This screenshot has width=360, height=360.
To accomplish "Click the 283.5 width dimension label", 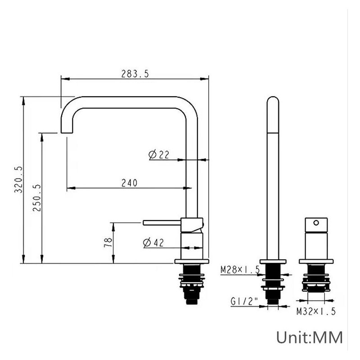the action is click(135, 74).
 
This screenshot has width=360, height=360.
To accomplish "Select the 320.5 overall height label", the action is click(18, 180).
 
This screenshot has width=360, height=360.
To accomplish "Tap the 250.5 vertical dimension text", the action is click(37, 198).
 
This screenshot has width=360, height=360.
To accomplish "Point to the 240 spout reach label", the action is click(129, 183).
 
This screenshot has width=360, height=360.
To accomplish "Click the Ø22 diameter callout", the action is click(159, 154).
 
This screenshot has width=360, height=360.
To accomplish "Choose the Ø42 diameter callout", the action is click(153, 243).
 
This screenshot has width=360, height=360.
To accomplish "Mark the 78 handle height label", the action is click(108, 243).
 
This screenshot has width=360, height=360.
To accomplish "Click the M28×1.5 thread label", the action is click(240, 269).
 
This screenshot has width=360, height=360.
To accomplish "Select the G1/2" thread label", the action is click(244, 301).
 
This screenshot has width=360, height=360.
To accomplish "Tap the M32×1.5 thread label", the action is click(316, 311).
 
